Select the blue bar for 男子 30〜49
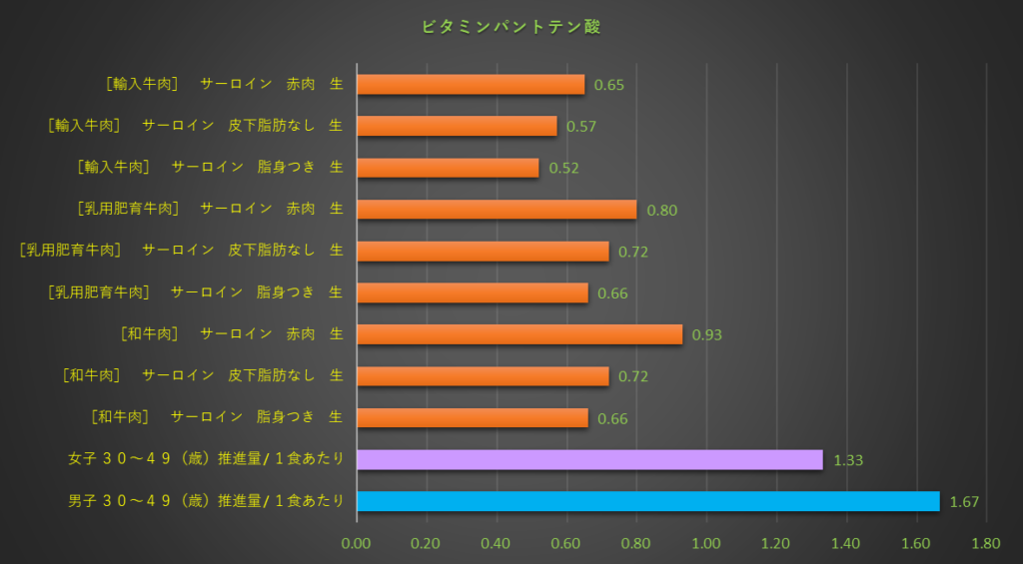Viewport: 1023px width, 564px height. coord(647,501)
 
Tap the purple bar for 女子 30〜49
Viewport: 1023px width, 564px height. coord(589,459)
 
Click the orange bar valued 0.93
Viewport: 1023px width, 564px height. coord(519,334)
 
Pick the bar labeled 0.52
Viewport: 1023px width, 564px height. coord(448,168)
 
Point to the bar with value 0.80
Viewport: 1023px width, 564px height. coord(497,210)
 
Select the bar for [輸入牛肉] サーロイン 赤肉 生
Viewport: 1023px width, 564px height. coord(471,85)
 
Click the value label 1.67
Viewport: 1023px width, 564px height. coord(965,502)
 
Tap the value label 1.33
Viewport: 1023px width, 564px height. coord(847,460)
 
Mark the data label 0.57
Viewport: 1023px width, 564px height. coord(581,127)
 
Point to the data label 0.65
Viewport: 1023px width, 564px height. coord(608,85)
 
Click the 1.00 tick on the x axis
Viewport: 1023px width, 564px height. coord(706,544)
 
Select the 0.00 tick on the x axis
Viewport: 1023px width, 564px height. coord(357,544)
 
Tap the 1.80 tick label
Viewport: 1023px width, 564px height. coord(986,544)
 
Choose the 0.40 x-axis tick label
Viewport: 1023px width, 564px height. coord(497,544)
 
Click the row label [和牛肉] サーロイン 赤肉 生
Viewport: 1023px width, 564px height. coord(231,333)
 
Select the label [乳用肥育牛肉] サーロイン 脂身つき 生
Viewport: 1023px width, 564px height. coord(196,292)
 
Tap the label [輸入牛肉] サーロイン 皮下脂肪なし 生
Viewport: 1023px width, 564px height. coord(196,126)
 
